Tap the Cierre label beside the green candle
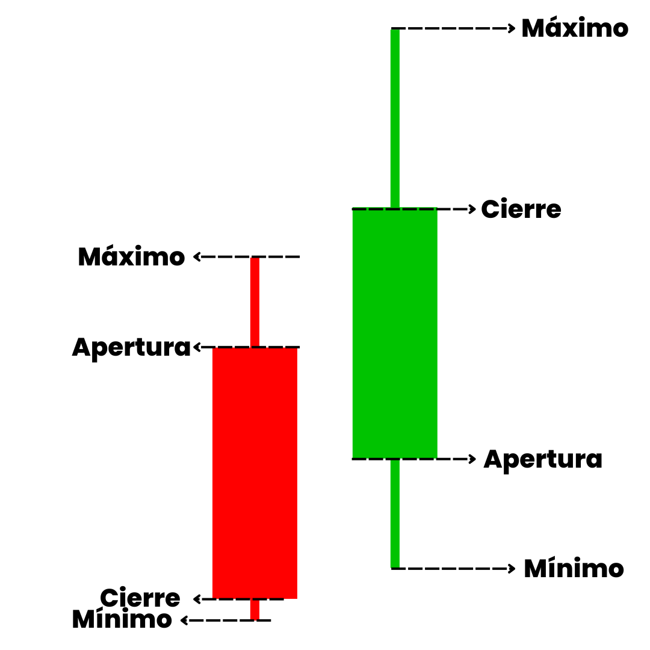[521, 209]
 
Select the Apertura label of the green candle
[543, 460]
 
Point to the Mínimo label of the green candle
[574, 568]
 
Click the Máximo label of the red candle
[131, 256]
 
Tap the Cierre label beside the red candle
[140, 598]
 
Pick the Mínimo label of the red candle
[122, 619]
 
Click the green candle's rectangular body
[395, 333]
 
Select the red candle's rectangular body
[255, 472]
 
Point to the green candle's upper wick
[395, 118]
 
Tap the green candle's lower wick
[395, 513]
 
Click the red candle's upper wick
[255, 302]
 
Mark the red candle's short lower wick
[255, 609]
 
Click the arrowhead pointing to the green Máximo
[512, 28]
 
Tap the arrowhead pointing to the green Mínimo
[512, 568]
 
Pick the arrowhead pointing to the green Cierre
[472, 209]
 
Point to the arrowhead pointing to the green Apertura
[472, 459]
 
